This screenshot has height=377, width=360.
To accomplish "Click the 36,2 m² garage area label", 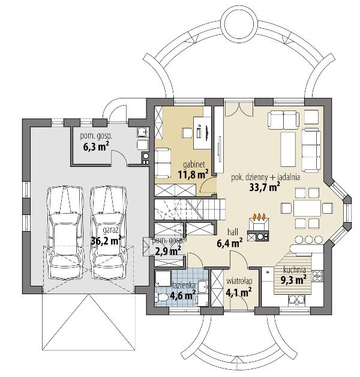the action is click(x=106, y=241).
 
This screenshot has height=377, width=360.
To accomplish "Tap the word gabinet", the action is click(x=194, y=164).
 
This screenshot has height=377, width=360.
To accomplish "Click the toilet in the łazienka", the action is click(x=162, y=298).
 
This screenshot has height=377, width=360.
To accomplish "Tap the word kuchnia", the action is click(x=295, y=270).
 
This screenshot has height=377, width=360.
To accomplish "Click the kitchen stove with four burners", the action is click(x=317, y=276).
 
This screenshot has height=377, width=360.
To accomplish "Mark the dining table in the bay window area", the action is click(x=307, y=208).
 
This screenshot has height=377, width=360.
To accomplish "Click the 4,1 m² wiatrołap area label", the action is click(x=239, y=292).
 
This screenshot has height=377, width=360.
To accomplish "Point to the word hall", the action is click(x=233, y=232).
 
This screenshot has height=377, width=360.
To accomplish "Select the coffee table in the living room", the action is click(x=288, y=149).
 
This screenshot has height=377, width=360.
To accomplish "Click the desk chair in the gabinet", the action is click(x=187, y=133).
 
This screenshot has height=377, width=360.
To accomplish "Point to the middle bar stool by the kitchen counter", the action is click(x=308, y=240).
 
